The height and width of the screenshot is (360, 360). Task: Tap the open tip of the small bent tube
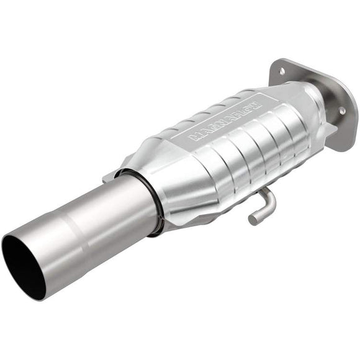tap(253, 218)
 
